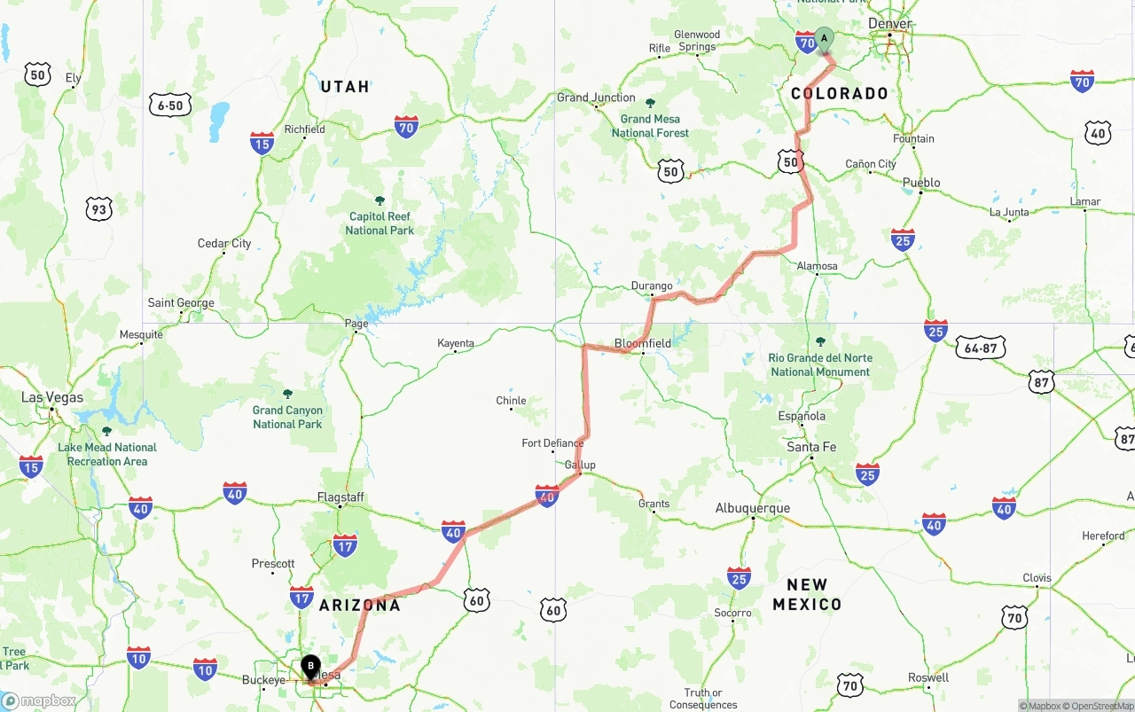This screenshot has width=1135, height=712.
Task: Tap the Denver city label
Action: point(890,23)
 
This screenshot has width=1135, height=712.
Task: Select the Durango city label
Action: point(652,286)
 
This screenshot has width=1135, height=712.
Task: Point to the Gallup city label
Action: point(580,465)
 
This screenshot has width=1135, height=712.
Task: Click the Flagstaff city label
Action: point(340,497)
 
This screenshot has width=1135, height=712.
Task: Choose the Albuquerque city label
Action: point(752,508)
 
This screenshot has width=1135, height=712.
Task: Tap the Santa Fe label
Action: point(811,447)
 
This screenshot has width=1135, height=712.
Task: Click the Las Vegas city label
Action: point(52,397)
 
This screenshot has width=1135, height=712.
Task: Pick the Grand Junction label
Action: point(596,98)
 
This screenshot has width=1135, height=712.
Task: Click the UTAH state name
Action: point(345,86)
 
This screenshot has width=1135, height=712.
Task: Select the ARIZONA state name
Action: point(360,605)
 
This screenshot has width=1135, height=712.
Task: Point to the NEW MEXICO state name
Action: point(806,594)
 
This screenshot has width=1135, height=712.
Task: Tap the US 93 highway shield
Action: point(99,209)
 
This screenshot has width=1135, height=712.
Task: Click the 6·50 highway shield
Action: point(170,106)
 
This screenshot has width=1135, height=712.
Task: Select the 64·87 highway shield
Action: point(981,348)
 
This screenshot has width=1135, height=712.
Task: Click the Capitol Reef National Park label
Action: point(380,223)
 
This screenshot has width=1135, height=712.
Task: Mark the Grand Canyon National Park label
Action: point(287,417)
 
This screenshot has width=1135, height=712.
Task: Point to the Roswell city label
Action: point(928,677)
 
